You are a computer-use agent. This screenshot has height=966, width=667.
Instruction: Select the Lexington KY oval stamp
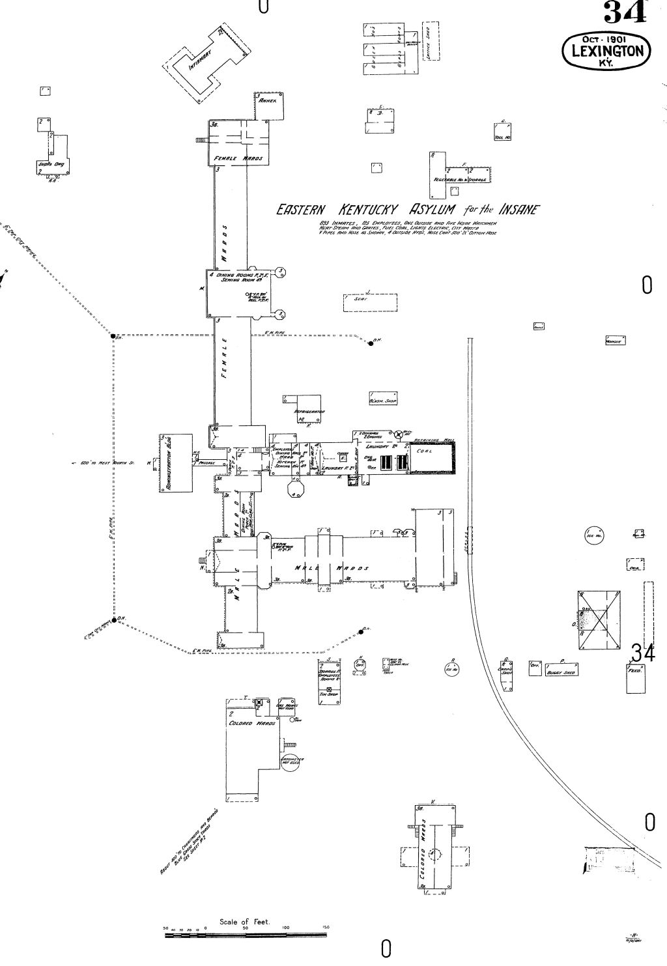click(x=606, y=50)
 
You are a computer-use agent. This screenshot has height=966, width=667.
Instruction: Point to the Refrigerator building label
click(x=309, y=412)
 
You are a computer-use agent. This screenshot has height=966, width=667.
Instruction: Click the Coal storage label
click(x=424, y=450)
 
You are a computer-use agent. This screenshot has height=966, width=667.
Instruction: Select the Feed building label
click(x=634, y=670)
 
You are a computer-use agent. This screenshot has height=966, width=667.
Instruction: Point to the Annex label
click(x=268, y=103)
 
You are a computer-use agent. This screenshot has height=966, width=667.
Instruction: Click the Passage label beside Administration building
click(x=206, y=462)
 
